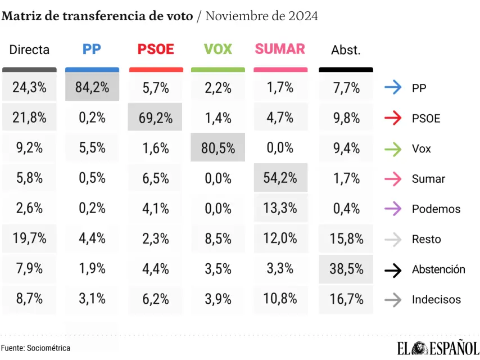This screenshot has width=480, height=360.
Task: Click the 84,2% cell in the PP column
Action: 92,88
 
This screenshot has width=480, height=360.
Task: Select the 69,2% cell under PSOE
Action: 155,118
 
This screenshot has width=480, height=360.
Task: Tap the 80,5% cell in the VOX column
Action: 218,148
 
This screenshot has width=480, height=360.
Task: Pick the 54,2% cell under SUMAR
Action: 280,178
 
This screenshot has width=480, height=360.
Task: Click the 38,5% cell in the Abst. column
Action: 346,269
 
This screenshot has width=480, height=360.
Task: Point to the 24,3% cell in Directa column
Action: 29,88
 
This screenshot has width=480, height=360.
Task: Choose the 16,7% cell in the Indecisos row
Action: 346,299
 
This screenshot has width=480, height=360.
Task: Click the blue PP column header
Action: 92,49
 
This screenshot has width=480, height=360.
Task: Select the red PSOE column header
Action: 156,49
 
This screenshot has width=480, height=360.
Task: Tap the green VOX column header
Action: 218,49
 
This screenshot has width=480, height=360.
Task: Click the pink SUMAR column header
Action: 280,49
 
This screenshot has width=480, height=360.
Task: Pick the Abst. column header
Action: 346,50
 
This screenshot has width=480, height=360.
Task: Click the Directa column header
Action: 29,49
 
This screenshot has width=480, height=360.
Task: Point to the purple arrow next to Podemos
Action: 393,209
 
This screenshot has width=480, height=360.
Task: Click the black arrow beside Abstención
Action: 393,269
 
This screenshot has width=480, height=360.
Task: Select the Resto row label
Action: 426,239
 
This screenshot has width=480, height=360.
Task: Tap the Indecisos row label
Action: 436,300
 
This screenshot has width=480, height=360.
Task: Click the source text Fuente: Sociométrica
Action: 35,348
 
